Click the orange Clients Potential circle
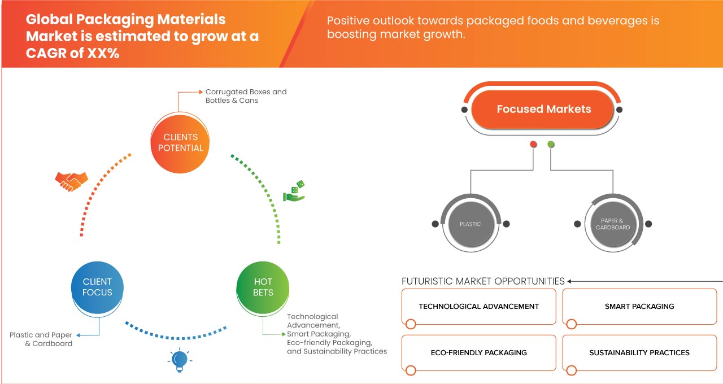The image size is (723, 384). (180, 142)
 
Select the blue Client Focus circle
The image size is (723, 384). (97, 287)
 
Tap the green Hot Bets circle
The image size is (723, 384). (263, 287)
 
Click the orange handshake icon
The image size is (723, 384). (71, 181)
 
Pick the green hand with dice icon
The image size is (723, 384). (294, 191)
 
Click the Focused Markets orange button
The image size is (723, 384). (543, 110)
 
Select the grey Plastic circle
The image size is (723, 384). (470, 224)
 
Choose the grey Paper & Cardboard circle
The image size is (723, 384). (612, 224)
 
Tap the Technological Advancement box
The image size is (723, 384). (478, 307)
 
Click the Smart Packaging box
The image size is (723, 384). (639, 307)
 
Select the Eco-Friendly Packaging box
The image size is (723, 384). (478, 353)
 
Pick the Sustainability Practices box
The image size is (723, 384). (639, 353)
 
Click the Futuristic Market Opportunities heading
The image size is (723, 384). (483, 281)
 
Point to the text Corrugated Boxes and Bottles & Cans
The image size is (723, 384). (246, 96)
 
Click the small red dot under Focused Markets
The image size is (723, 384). (533, 145)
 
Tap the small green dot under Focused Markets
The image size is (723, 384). (551, 145)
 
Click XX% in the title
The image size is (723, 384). (102, 54)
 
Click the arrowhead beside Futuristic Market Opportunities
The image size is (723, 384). (570, 281)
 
